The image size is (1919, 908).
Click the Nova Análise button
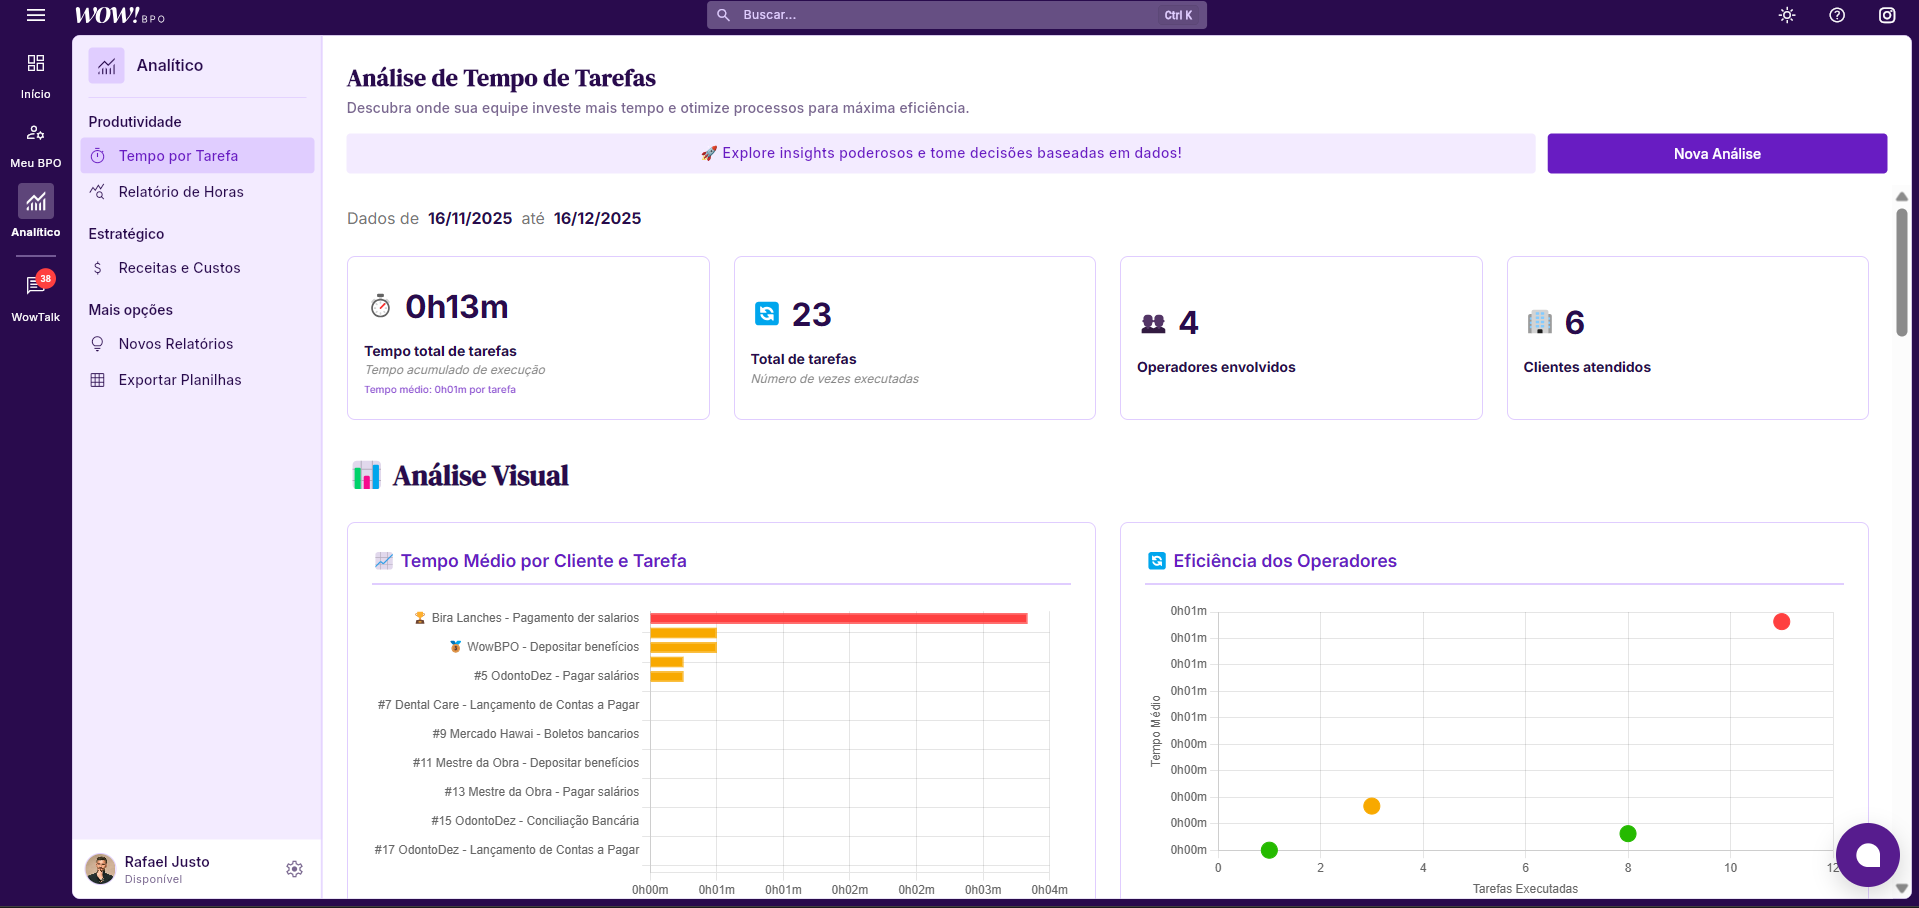(x=1716, y=154)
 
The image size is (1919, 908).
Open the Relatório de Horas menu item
(x=180, y=192)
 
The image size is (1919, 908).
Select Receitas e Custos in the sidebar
(x=179, y=268)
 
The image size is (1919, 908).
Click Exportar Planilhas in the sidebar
(x=179, y=380)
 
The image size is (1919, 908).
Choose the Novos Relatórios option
(x=175, y=344)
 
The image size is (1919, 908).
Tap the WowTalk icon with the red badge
(x=36, y=286)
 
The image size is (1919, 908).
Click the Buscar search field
(x=950, y=15)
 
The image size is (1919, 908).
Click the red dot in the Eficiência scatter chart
(x=1781, y=622)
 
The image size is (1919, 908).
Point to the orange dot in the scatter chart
(x=1371, y=806)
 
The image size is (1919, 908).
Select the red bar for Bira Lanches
(x=838, y=618)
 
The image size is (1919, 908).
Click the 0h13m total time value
(x=456, y=307)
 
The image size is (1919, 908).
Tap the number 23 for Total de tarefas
(x=811, y=315)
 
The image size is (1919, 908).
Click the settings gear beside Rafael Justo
(x=294, y=869)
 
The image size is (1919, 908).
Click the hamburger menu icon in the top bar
(x=36, y=15)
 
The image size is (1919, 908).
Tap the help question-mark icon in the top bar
(x=1837, y=15)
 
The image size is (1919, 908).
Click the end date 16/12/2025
(x=597, y=219)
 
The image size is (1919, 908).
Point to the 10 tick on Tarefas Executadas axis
(x=1730, y=868)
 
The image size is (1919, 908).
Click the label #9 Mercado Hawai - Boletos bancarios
(x=535, y=734)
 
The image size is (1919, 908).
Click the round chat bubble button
(x=1867, y=855)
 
